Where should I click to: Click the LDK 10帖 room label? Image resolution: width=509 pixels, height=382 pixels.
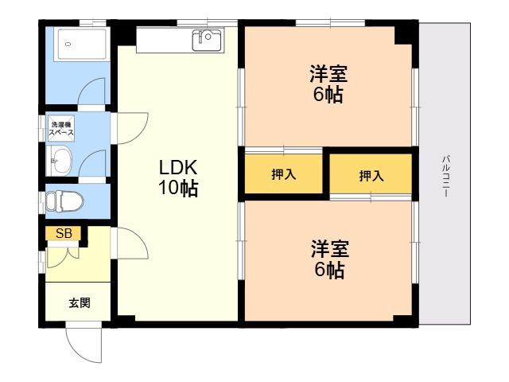[178, 177]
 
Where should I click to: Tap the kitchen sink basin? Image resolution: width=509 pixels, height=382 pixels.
[207, 41]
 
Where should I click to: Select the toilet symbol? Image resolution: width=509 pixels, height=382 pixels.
[64, 201]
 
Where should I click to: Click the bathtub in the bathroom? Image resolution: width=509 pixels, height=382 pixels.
[81, 45]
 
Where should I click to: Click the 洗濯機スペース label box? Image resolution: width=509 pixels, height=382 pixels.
[61, 129]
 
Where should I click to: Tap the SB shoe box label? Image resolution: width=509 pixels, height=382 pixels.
[64, 233]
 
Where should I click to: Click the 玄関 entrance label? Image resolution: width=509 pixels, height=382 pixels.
[80, 302]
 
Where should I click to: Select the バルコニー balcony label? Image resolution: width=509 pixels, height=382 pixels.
[446, 177]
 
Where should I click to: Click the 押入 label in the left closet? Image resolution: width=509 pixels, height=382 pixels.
[284, 174]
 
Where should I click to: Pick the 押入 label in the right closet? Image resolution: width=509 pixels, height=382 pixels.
[371, 176]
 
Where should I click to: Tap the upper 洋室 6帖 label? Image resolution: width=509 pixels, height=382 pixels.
[328, 84]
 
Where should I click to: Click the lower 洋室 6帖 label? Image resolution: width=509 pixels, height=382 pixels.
[330, 259]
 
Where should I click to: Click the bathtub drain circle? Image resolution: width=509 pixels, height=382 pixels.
[68, 44]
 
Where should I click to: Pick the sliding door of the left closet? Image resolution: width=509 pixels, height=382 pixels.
[284, 150]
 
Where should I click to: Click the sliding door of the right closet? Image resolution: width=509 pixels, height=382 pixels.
[371, 197]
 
